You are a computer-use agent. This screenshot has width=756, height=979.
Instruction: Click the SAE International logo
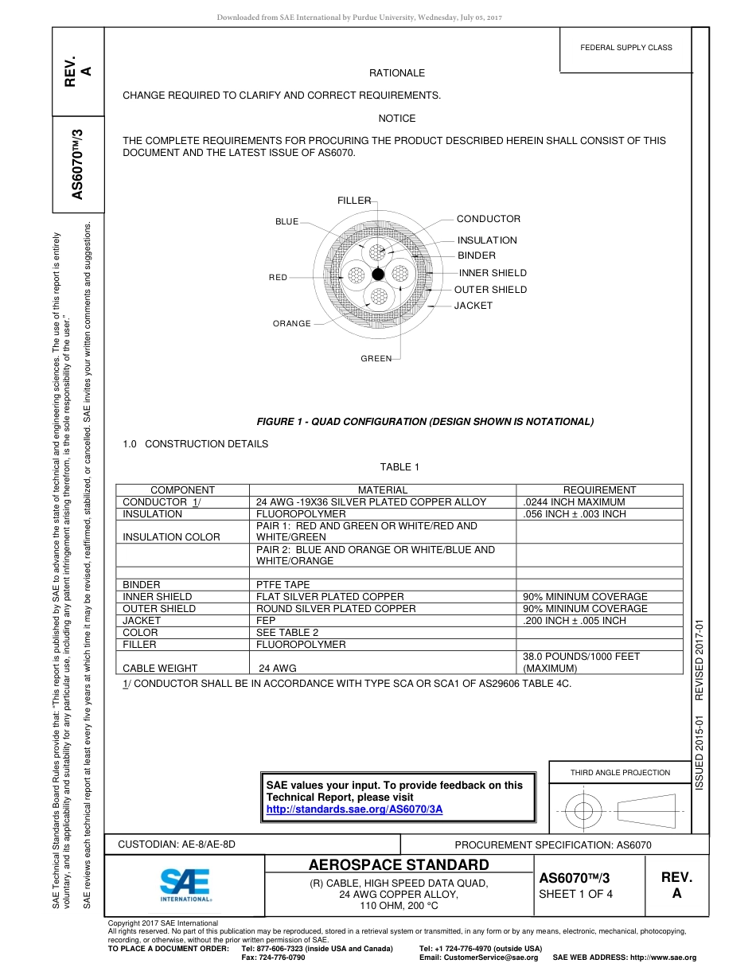(185, 884)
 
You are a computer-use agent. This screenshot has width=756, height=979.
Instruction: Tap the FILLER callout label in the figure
(353, 201)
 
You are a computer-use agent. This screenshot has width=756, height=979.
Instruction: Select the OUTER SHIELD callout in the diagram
(490, 290)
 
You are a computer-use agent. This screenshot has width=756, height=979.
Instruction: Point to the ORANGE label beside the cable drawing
(291, 324)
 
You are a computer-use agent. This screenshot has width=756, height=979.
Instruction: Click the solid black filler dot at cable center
(378, 275)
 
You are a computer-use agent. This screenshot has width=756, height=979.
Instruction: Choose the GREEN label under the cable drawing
(376, 359)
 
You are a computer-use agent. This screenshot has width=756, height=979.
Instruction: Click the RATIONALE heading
(396, 73)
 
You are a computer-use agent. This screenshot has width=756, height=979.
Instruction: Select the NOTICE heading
(396, 119)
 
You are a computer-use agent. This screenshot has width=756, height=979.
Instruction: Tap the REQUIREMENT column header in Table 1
(598, 490)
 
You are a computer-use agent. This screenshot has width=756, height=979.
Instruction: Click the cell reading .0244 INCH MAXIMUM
(574, 502)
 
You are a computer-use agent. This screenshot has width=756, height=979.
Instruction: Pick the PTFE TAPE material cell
(283, 585)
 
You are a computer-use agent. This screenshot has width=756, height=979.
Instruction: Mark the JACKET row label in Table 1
(142, 621)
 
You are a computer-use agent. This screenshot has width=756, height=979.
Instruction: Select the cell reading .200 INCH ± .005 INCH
(575, 621)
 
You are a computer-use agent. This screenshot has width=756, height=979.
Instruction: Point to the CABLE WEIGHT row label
(160, 669)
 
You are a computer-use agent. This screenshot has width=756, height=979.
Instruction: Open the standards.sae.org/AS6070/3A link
(354, 809)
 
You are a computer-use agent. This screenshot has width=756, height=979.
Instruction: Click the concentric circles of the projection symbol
(584, 811)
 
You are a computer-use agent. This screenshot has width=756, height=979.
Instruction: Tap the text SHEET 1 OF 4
(575, 894)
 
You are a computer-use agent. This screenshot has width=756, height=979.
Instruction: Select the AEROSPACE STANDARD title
(399, 865)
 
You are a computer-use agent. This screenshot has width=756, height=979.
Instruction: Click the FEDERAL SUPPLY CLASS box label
(625, 48)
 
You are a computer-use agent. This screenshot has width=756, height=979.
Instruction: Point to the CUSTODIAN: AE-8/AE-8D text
(177, 844)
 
